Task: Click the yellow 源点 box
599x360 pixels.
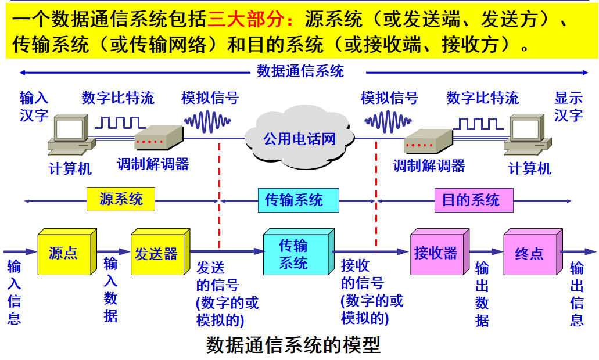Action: [67, 251]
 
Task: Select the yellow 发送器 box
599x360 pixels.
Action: [160, 251]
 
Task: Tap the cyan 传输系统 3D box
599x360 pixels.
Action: [299, 251]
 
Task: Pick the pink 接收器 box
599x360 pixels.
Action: [440, 251]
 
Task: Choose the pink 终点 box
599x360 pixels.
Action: [533, 251]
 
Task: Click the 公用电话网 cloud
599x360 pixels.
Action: [300, 138]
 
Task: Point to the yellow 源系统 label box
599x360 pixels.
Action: [121, 199]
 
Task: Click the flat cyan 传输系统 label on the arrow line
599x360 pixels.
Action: [299, 200]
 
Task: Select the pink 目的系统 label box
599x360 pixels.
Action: [474, 200]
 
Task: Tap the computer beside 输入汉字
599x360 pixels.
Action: [71, 134]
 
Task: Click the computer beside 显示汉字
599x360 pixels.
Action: [528, 134]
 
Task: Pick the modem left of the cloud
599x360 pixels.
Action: [159, 138]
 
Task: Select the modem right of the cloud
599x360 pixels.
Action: [428, 141]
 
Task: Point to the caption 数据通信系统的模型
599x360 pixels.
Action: [293, 345]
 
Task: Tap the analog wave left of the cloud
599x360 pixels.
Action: [207, 121]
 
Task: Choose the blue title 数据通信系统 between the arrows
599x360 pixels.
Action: [300, 71]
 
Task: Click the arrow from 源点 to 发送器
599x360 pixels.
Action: [113, 251]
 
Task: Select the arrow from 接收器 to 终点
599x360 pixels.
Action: [486, 251]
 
